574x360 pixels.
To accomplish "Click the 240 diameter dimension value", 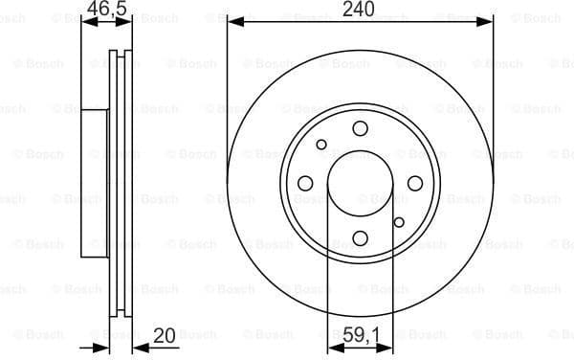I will pyautogui.click(x=361, y=10).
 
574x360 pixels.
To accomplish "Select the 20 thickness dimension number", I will pyautogui.click(x=165, y=336).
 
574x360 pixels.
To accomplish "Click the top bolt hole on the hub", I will pyautogui.click(x=360, y=128).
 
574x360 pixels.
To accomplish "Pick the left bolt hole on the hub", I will pyautogui.click(x=305, y=183).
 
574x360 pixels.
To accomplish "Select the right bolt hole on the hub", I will pyautogui.click(x=414, y=183).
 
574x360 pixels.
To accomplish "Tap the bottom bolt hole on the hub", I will pyautogui.click(x=360, y=237).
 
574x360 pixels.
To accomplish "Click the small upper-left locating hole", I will pyautogui.click(x=321, y=146).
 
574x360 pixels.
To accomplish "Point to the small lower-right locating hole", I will pyautogui.click(x=397, y=220).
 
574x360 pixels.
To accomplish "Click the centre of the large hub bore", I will pyautogui.click(x=360, y=183).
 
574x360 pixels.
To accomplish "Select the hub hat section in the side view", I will pyautogui.click(x=94, y=183).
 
